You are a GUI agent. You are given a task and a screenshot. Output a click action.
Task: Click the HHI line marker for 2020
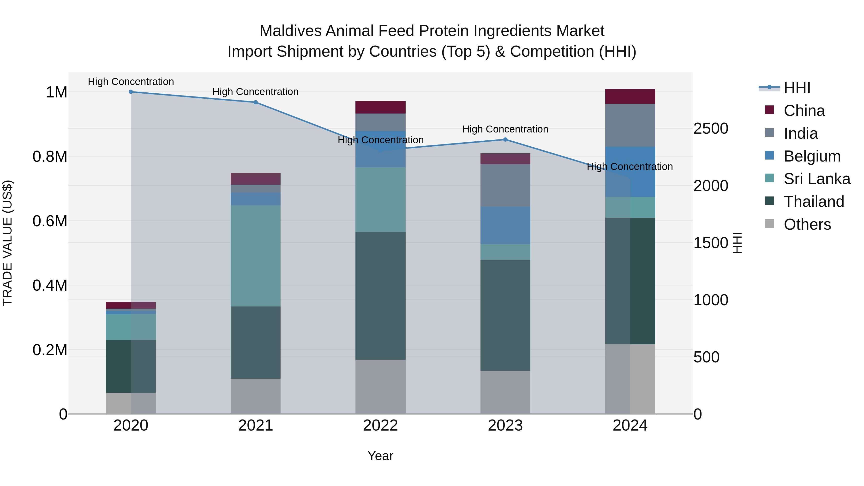point(131,92)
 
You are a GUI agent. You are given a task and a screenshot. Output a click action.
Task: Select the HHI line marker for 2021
point(256,102)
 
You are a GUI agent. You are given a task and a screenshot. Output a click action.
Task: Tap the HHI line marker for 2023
point(505,139)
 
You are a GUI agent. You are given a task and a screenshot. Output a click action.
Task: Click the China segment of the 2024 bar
point(630,96)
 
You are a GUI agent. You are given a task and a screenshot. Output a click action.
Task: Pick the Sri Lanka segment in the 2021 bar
point(256,256)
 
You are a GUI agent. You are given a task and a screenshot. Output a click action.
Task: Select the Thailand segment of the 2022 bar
point(380,296)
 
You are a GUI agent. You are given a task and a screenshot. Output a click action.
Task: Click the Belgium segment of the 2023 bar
point(505,225)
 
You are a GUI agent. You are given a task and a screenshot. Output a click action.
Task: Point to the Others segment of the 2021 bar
point(256,396)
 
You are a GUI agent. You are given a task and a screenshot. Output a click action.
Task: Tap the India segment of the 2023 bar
point(505,186)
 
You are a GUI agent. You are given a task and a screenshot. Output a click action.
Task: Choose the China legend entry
point(804,111)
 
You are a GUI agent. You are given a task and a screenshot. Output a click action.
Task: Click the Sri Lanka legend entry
point(817,179)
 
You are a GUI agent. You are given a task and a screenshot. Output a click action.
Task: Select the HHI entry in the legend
point(797,88)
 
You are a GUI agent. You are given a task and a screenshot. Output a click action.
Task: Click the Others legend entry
point(807,224)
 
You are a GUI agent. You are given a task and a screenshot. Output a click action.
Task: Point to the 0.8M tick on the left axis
point(50,157)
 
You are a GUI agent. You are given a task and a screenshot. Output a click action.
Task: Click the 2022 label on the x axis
point(380,426)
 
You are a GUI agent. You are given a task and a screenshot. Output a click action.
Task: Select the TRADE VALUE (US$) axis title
point(7,243)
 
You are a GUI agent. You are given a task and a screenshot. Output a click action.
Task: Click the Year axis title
point(380,456)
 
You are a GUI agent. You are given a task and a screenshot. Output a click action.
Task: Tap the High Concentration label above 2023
point(505,129)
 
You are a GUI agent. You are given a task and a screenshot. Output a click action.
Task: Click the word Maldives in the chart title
point(290,31)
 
